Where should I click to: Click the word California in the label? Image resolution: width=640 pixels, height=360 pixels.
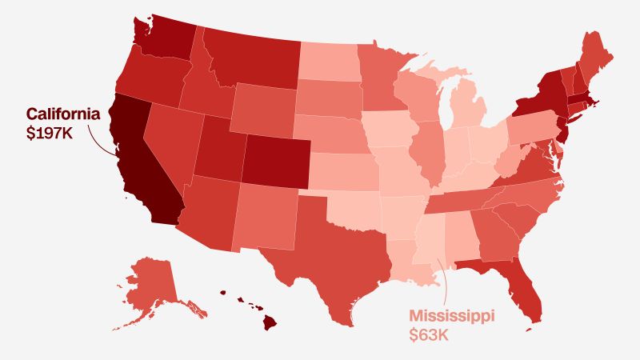coord(63,114)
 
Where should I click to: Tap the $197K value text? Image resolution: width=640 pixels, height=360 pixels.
coord(50,133)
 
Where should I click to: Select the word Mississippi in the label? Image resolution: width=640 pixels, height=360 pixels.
coord(452,315)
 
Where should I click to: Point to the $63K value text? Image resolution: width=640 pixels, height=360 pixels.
coord(429,334)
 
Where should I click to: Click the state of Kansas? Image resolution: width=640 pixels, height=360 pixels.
coord(340,169)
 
